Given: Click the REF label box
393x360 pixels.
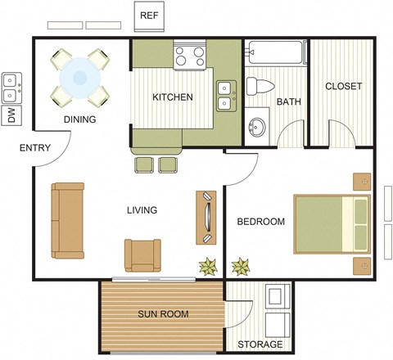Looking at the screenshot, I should (148, 16).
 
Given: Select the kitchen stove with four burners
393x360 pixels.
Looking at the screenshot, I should (190, 56).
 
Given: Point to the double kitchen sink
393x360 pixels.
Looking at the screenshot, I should (224, 96).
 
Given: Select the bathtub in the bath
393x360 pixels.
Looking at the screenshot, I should (276, 55).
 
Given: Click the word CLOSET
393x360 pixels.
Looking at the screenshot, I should (343, 87).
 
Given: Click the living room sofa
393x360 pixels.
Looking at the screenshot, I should (66, 218).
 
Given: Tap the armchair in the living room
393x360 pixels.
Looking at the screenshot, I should (142, 254).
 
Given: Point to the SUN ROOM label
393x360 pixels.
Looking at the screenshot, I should (163, 314).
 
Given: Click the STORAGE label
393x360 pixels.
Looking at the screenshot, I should (260, 344).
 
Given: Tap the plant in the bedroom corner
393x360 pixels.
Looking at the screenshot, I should (242, 265).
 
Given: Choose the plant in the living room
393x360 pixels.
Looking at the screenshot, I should (207, 265).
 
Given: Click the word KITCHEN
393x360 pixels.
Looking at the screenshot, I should (173, 97).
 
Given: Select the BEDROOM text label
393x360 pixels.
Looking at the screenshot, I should (260, 222).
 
